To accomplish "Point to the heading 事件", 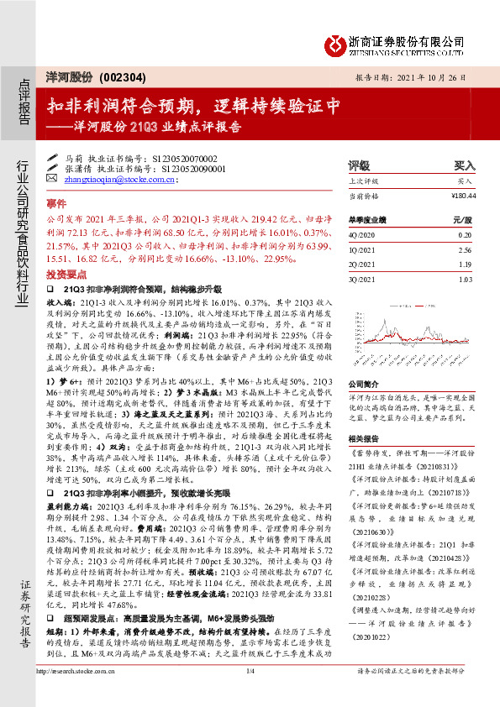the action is (55, 203).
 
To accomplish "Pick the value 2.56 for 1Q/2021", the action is (458, 250).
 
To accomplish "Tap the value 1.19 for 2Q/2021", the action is (458, 264).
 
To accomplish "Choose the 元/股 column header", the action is (455, 220).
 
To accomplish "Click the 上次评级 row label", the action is (364, 181).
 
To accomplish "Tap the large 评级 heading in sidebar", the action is (360, 165).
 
